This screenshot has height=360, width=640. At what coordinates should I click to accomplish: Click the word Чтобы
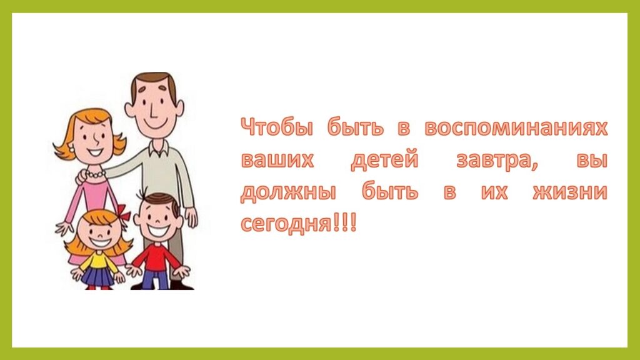coord(277,127)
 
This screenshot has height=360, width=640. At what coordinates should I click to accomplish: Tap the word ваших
coord(277,160)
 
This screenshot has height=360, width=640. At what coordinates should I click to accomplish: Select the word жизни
coord(570,192)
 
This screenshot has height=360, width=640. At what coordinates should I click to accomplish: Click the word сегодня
coord(286,224)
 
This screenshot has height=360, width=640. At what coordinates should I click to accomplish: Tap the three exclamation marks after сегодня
coord(345,222)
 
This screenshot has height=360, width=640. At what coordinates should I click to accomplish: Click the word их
coord(494,192)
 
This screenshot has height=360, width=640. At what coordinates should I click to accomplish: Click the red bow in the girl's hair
coord(122,212)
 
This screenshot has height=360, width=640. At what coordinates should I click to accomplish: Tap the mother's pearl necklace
coord(96,175)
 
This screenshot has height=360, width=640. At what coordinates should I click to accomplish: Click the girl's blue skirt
coord(98,276)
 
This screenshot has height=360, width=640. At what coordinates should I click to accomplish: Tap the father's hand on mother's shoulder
coord(81,176)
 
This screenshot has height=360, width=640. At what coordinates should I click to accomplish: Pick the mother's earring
coord(72,150)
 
